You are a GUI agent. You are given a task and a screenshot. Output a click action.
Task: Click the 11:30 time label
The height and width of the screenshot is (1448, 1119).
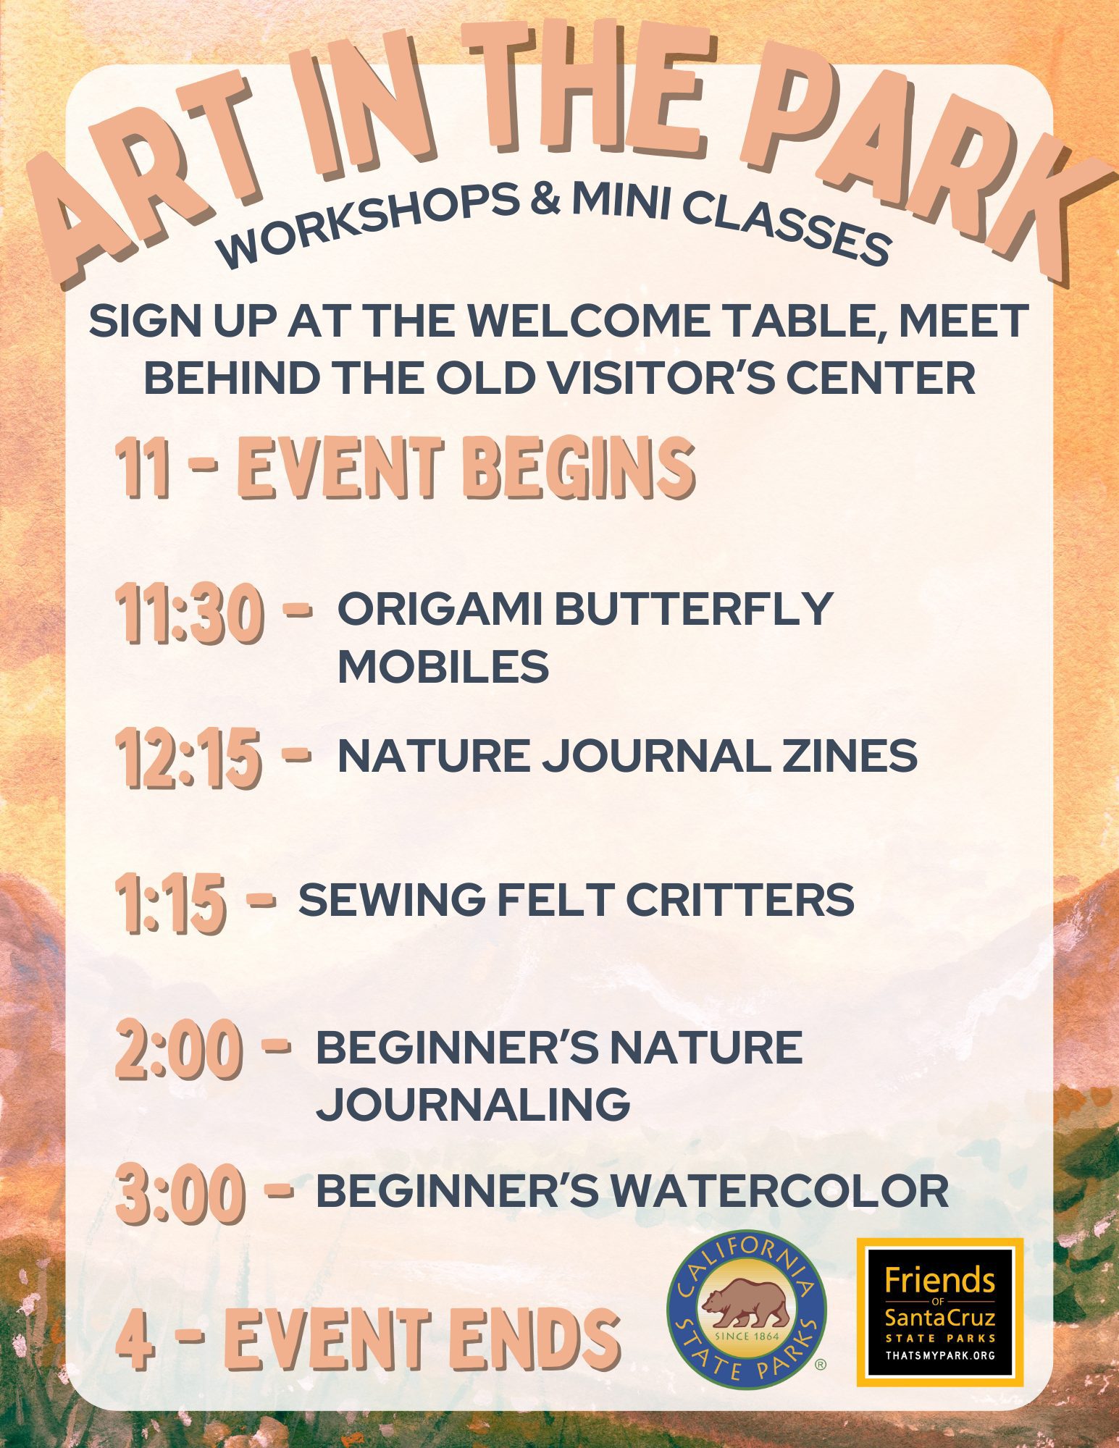(189, 615)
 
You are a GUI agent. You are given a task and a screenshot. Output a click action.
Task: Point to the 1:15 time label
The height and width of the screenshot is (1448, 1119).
(170, 902)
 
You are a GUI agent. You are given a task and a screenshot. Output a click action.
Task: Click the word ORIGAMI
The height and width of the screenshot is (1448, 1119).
(440, 610)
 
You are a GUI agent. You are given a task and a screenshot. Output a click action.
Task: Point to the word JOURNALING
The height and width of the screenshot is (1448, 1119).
(474, 1104)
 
